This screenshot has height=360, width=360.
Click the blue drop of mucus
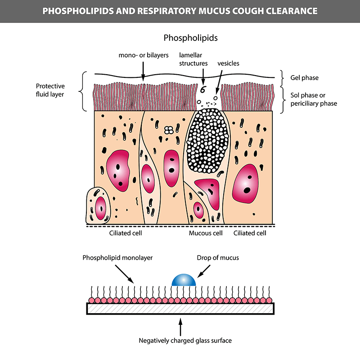point(184,280)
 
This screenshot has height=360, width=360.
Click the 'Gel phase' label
point(305,77)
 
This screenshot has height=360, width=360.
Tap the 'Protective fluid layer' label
point(50,90)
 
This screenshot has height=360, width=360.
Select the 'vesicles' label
point(228,63)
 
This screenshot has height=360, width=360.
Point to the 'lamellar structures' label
point(193,59)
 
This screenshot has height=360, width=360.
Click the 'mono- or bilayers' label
point(144,55)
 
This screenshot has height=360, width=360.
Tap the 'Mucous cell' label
point(206,233)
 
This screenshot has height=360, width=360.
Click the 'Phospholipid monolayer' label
point(117,257)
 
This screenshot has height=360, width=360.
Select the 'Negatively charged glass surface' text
point(185,340)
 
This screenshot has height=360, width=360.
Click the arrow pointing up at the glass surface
point(180,327)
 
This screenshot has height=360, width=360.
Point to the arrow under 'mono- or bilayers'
point(143,72)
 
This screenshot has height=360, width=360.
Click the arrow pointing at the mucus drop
point(204,271)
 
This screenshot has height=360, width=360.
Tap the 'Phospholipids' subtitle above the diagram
point(190,38)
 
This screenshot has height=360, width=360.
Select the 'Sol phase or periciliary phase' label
point(314,99)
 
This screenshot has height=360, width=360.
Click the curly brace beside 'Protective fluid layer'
point(83,91)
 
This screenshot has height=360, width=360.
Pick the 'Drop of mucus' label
point(218,257)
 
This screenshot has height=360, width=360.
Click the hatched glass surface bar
point(180,309)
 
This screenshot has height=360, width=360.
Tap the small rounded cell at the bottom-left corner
point(98,206)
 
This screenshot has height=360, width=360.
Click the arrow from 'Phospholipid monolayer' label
point(125,274)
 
